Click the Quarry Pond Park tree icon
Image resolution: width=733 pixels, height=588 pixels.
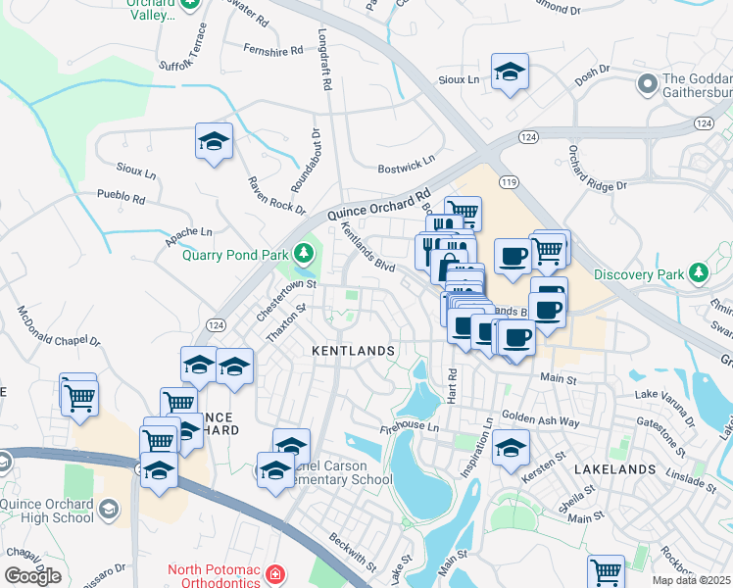[x=305, y=255]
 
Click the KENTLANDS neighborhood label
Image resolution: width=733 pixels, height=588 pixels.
[x=353, y=350]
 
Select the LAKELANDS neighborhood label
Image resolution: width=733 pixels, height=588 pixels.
[x=614, y=469]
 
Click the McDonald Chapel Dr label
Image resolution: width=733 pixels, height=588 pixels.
[x=60, y=327]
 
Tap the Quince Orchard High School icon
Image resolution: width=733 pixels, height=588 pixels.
[x=109, y=510]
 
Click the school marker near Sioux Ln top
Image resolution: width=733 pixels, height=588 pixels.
[x=510, y=73]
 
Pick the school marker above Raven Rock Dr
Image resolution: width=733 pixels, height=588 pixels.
[x=214, y=141]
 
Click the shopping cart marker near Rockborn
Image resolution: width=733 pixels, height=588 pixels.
[x=607, y=572]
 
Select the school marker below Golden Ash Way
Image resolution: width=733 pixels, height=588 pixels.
[x=510, y=450]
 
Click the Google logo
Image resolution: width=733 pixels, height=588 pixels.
[x=32, y=576]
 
